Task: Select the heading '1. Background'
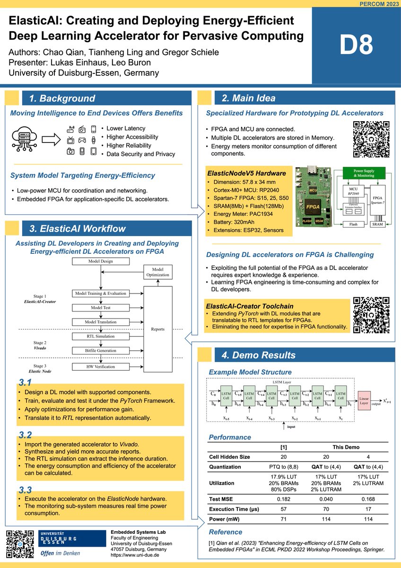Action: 62,98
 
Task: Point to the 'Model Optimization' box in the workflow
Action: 157,272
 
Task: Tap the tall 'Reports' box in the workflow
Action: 157,328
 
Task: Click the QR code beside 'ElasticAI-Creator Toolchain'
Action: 371,314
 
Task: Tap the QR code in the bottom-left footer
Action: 19,544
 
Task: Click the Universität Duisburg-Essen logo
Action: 71,543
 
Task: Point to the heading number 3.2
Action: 25,435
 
